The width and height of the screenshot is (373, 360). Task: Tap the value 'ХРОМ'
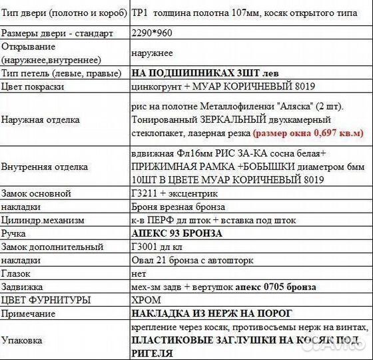point(147,300)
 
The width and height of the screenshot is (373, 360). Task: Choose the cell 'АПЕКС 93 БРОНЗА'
point(177,233)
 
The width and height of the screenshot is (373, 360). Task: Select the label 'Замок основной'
point(36,193)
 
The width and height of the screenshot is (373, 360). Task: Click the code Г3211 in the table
point(145,193)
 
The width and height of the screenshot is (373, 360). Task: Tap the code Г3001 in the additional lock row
point(145,247)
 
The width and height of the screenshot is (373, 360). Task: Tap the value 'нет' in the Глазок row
point(139,273)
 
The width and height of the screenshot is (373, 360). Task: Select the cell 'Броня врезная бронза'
point(179,207)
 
